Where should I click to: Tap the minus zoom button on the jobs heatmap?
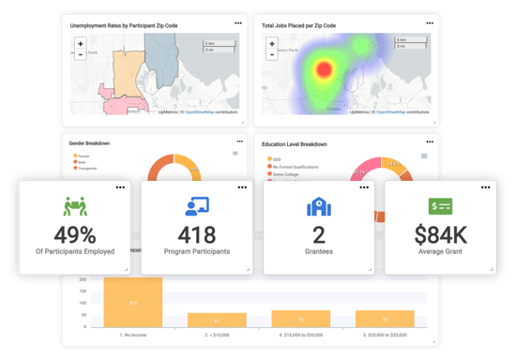272,54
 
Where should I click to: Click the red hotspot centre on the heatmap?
325,67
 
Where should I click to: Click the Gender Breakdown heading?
89,143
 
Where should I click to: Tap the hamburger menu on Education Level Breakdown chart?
424,156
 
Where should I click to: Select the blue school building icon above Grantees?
318,206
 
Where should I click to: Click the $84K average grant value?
441,236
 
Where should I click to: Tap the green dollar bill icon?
441,206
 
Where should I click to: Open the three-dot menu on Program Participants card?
242,187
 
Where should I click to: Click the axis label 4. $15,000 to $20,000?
299,335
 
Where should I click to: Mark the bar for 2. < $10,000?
217,320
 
